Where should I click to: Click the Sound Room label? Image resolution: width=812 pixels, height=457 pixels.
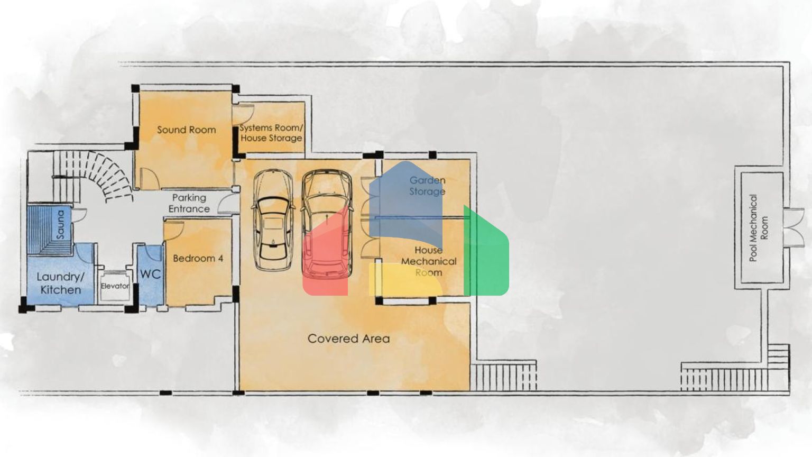click(186, 130)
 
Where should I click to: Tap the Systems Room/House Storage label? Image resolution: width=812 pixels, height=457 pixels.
click(271, 133)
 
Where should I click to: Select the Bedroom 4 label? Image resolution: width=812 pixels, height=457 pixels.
click(198, 258)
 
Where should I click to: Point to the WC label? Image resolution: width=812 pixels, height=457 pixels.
click(151, 274)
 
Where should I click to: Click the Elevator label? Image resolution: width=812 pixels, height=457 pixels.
click(115, 286)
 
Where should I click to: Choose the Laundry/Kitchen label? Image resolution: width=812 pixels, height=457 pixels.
click(61, 284)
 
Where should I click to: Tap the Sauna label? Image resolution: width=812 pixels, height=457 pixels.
click(60, 224)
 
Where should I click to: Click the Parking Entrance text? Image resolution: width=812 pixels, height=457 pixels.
click(189, 203)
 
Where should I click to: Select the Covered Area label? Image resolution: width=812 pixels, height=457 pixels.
click(349, 339)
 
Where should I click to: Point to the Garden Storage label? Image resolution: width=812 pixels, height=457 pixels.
click(427, 186)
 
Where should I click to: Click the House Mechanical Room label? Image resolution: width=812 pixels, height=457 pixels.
click(429, 261)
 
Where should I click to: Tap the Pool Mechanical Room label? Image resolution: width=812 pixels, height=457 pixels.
click(759, 228)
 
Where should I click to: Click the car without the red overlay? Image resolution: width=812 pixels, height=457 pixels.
click(273, 220)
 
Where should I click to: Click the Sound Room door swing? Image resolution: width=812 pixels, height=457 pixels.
click(150, 178)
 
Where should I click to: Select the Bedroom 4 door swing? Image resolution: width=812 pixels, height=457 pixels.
click(173, 231)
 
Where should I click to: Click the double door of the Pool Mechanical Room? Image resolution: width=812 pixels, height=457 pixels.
click(793, 228)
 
